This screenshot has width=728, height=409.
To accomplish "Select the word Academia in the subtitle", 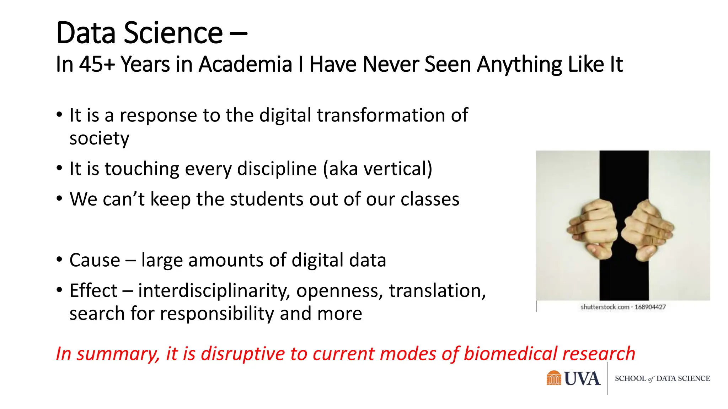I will click(x=245, y=65).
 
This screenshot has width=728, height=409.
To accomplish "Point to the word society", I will click(x=99, y=138).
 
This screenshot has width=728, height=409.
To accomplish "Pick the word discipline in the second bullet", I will click(x=277, y=169).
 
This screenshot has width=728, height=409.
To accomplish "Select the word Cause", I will click(x=95, y=260).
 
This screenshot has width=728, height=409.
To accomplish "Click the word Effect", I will click(x=93, y=291).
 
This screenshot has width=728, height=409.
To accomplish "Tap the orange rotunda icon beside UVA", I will click(x=553, y=378).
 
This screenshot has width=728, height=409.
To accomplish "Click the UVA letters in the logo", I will click(x=582, y=379).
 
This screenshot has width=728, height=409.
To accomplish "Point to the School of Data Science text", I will click(x=662, y=379).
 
